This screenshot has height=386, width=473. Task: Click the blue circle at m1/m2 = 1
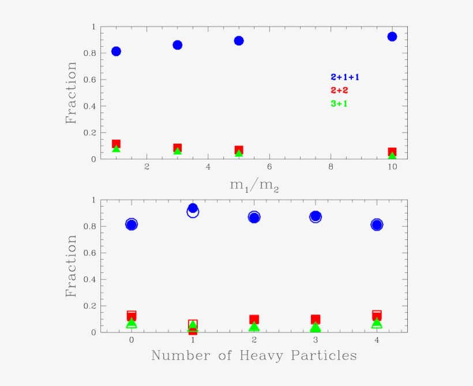point(116,51)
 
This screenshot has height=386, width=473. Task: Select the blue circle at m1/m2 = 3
point(178,45)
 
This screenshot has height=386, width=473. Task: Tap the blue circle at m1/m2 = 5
point(239,40)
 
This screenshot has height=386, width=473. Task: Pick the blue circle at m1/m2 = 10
point(392,36)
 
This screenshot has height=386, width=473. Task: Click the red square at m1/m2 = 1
point(116,144)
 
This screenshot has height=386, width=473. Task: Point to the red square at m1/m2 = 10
point(392,152)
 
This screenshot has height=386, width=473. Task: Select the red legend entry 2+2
point(339,91)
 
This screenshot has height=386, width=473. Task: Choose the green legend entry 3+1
point(339,104)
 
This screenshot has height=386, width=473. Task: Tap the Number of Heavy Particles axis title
point(254,355)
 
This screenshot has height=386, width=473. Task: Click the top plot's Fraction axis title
point(71,93)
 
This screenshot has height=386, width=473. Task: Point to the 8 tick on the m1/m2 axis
point(331,167)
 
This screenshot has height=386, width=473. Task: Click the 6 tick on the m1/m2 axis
point(269,167)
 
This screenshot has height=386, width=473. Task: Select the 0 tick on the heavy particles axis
point(132,340)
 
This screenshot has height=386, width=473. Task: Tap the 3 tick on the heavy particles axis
point(316,340)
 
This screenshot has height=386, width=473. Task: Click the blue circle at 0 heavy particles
point(132,224)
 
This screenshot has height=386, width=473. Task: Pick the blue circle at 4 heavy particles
point(377,224)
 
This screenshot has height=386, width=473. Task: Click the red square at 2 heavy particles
point(254,319)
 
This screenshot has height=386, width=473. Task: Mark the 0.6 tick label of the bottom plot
point(89,253)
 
